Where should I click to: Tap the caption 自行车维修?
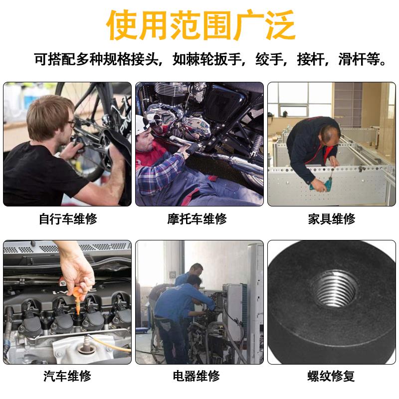(68, 219)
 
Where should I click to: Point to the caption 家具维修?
(331, 219)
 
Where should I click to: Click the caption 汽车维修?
(68, 376)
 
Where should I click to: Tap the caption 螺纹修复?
(331, 376)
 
